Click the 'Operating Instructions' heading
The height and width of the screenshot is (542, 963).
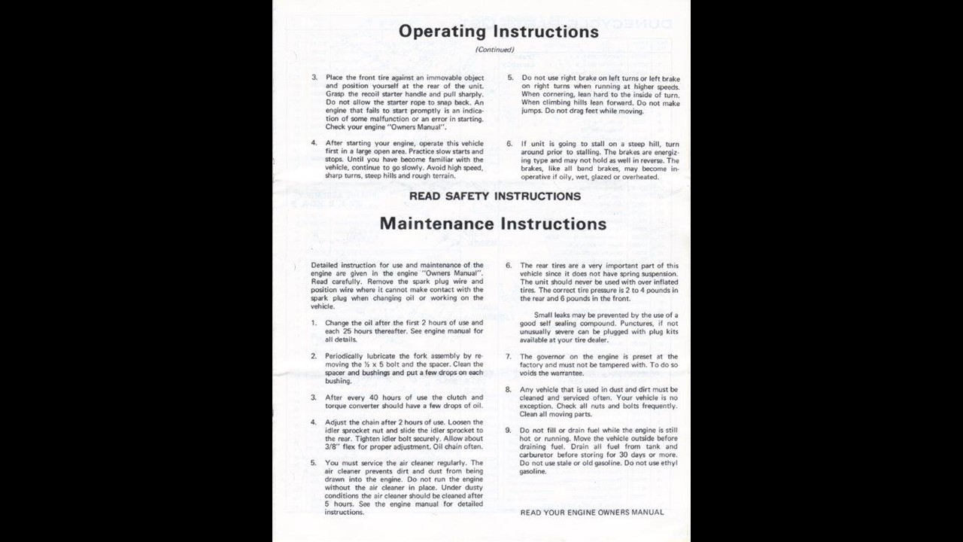pos(499,32)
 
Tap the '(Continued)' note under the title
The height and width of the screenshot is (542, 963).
pos(494,50)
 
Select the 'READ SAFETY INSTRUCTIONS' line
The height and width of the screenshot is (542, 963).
pos(494,196)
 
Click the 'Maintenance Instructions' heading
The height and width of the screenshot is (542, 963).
pos(493,224)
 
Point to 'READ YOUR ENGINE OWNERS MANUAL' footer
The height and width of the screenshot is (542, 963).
pos(592,513)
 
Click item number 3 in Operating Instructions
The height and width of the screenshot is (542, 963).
pos(314,78)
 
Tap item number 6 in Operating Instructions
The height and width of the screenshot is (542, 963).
pos(509,144)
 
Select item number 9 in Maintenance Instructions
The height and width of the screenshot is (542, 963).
pos(509,431)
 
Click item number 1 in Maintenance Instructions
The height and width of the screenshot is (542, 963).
pos(314,323)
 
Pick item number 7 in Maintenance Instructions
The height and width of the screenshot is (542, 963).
pos(509,357)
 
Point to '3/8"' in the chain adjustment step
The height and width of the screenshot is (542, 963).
pos(333,446)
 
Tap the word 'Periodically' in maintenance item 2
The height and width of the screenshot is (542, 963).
pos(344,356)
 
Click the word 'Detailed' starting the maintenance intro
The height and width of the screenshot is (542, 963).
pos(324,266)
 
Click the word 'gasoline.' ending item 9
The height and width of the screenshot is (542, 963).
pos(533,472)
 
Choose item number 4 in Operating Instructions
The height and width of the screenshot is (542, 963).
pos(314,143)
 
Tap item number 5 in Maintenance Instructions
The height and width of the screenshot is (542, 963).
pos(314,463)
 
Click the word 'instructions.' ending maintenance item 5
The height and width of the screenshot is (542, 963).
pos(344,513)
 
